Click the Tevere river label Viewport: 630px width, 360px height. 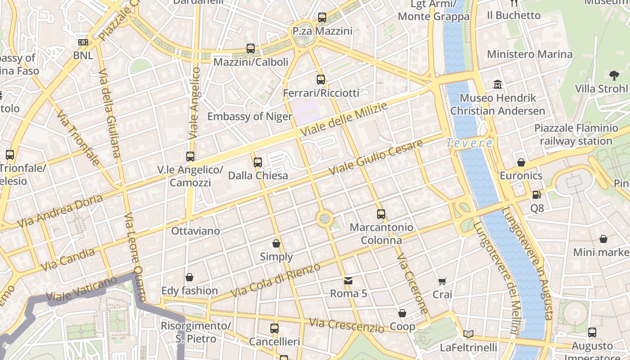click(469, 143)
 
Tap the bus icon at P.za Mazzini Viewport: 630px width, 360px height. click(322, 18)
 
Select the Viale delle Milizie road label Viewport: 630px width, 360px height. click(344, 120)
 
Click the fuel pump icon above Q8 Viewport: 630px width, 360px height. click(536, 194)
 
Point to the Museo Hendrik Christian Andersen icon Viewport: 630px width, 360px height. click(498, 84)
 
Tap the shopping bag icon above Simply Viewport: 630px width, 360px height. click(276, 243)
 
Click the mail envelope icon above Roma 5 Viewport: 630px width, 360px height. click(348, 281)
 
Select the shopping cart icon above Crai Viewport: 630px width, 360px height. click(442, 281)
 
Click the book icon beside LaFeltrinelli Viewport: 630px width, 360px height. click(468, 334)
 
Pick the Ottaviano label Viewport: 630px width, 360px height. click(196, 231)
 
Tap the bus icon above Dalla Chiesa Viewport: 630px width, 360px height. click(258, 162)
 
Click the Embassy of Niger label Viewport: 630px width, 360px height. click(250, 117)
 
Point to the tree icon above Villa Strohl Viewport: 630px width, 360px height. click(613, 75)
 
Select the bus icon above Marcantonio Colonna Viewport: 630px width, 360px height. click(381, 214)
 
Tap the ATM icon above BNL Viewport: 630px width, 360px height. click(83, 42)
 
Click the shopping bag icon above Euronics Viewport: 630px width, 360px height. click(521, 162)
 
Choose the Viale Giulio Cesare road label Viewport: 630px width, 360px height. click(376, 157)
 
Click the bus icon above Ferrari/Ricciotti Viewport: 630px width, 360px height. click(321, 80)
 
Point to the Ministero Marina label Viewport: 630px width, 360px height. click(530, 54)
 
